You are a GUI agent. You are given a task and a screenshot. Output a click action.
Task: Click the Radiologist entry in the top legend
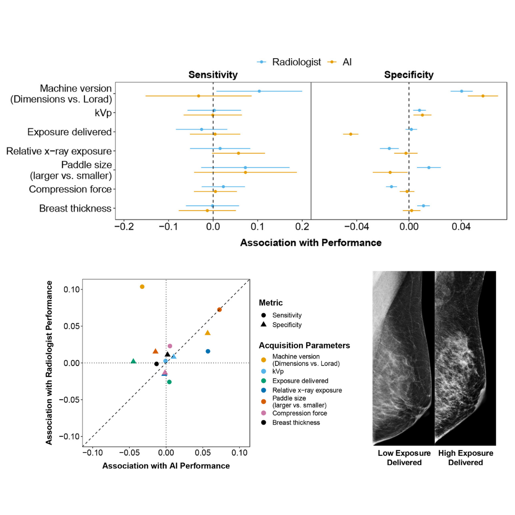pos(296,62)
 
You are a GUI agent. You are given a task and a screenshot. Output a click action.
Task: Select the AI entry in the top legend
pos(347,62)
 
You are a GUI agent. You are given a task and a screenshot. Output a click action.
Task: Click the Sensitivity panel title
pos(213,75)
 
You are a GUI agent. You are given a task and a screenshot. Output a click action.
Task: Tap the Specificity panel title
pos(409,75)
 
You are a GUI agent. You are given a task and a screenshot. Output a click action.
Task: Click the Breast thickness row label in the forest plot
pos(75,208)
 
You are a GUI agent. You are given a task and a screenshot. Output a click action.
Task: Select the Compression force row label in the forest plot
pos(70,189)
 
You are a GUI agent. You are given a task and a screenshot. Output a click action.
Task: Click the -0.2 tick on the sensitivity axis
pos(124,226)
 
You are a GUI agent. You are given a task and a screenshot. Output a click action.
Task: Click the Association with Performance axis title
pos(310,243)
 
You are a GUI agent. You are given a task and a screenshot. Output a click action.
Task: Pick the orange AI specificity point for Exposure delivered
pos(350,134)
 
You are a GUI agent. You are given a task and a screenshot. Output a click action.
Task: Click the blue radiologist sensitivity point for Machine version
pos(259,91)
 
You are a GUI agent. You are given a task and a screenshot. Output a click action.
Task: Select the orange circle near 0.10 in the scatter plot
pos(142,287)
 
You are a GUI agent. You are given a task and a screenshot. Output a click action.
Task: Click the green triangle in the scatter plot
pos(133,361)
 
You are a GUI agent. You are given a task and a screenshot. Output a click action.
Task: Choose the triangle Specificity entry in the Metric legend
pos(287,325)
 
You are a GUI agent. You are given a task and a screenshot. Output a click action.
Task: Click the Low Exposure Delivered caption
pos(404,458)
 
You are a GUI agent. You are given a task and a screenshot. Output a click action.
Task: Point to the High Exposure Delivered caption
pos(465,458)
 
